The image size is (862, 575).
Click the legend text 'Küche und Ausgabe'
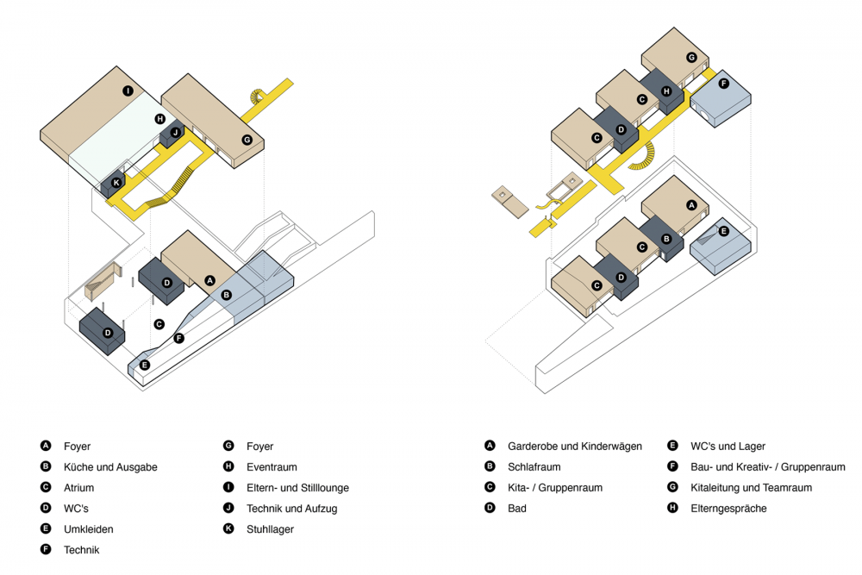pyautogui.click(x=110, y=467)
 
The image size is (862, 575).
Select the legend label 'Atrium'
pyautogui.click(x=79, y=488)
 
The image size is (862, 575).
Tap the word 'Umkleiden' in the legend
pyautogui.click(x=88, y=529)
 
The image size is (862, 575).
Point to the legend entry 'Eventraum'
pyautogui.click(x=272, y=467)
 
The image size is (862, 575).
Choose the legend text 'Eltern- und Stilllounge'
pyautogui.click(x=297, y=488)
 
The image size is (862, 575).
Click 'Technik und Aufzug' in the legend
pyautogui.click(x=291, y=509)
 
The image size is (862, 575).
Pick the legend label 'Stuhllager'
pyautogui.click(x=270, y=529)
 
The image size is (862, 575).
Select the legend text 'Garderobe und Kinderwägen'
pyautogui.click(x=575, y=447)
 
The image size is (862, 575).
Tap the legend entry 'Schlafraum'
pyautogui.click(x=534, y=467)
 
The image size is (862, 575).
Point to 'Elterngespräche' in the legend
pyautogui.click(x=728, y=509)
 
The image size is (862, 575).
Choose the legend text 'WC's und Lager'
pyautogui.click(x=728, y=447)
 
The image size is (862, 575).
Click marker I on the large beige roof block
pyautogui.click(x=127, y=91)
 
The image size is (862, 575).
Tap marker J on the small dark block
pyautogui.click(x=175, y=132)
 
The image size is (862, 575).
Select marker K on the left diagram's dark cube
pyautogui.click(x=116, y=183)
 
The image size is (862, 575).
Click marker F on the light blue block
pyautogui.click(x=723, y=84)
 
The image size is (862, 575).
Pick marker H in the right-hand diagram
pyautogui.click(x=665, y=91)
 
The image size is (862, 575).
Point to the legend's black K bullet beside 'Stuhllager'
pyautogui.click(x=228, y=529)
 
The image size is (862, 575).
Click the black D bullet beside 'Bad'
pyautogui.click(x=490, y=509)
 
